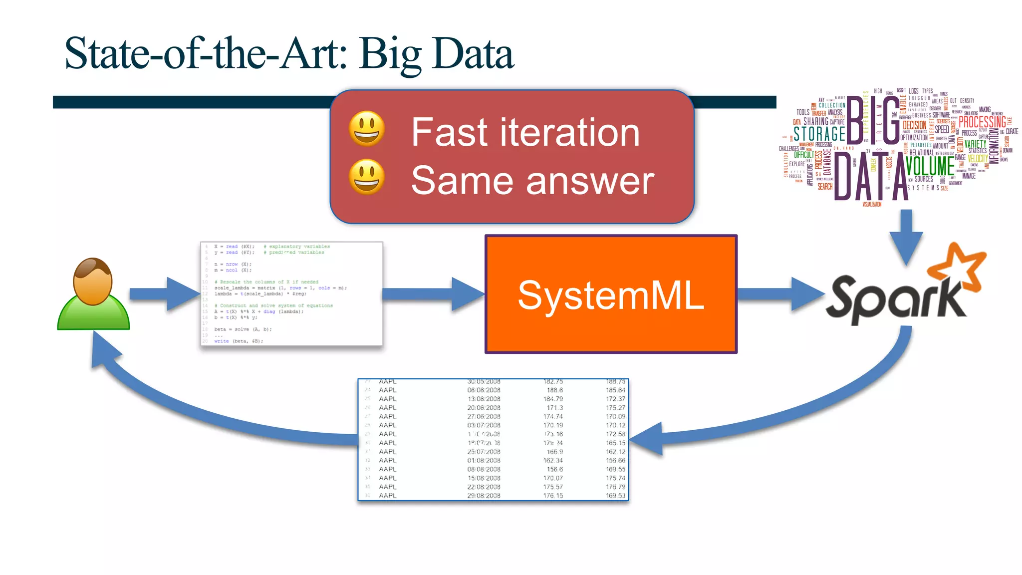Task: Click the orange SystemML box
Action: [610, 294]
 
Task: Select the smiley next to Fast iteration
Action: [367, 129]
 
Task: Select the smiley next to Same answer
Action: [367, 177]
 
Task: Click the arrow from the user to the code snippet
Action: [165, 294]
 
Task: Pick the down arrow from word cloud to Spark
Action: [906, 237]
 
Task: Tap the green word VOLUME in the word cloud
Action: [930, 166]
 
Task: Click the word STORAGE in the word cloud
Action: [819, 134]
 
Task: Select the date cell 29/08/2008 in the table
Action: [484, 496]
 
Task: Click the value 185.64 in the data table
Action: [615, 390]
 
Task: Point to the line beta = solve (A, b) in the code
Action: [243, 329]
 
